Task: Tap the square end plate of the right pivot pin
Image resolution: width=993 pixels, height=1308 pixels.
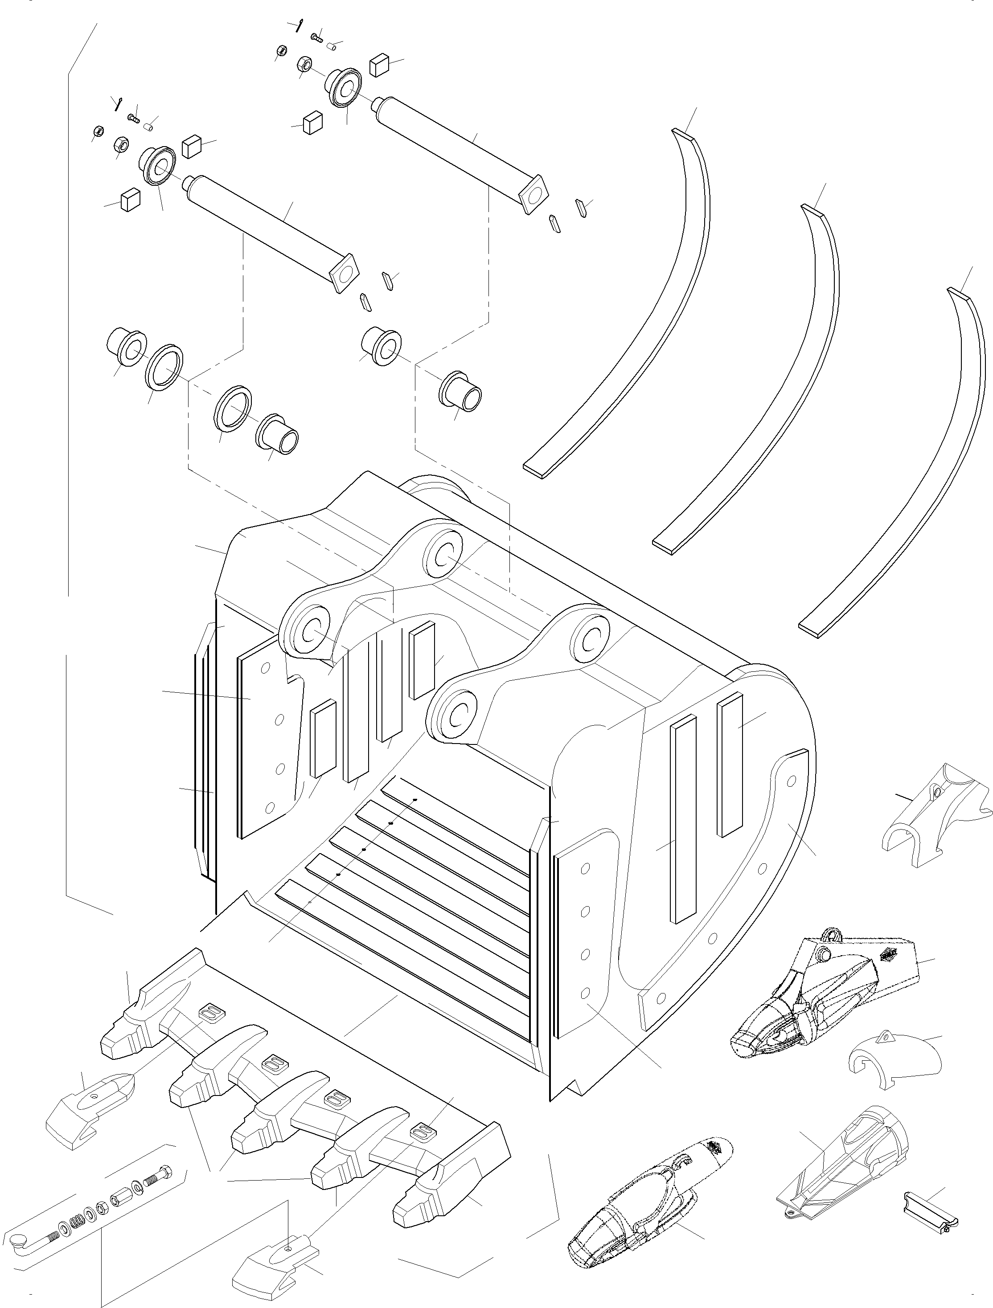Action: pyautogui.click(x=535, y=192)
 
